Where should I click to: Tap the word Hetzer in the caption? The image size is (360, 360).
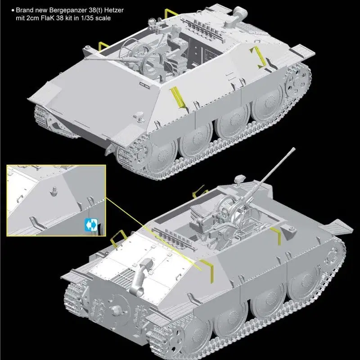(x=114, y=10)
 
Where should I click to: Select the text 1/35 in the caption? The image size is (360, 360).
(x=86, y=18)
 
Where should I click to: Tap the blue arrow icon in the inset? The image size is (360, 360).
(x=91, y=225)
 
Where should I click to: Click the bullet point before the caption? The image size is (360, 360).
(x=13, y=10)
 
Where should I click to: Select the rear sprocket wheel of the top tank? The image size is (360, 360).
(x=298, y=80)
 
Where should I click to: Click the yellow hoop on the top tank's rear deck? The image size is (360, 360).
(x=171, y=12)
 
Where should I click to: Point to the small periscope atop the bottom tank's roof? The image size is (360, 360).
(x=239, y=178)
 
